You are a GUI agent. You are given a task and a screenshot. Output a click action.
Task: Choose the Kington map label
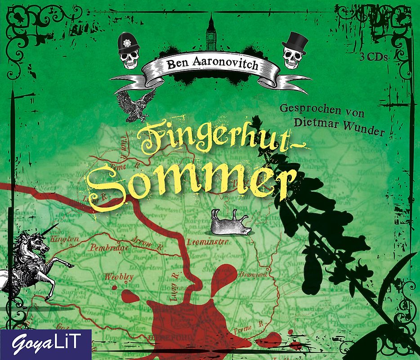coord(65,239)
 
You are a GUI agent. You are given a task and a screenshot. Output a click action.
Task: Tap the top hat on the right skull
coord(295,41)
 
